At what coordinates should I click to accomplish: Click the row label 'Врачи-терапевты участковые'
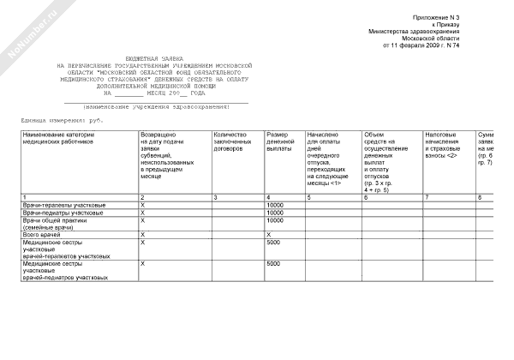point(64,206)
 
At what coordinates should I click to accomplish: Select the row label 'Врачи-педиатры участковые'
point(63,213)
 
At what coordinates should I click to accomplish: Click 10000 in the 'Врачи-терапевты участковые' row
point(275,206)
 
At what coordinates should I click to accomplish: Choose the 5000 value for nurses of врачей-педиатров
point(274,264)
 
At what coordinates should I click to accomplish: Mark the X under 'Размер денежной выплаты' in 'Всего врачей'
point(270,234)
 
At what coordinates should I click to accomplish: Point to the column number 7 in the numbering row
point(427,198)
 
